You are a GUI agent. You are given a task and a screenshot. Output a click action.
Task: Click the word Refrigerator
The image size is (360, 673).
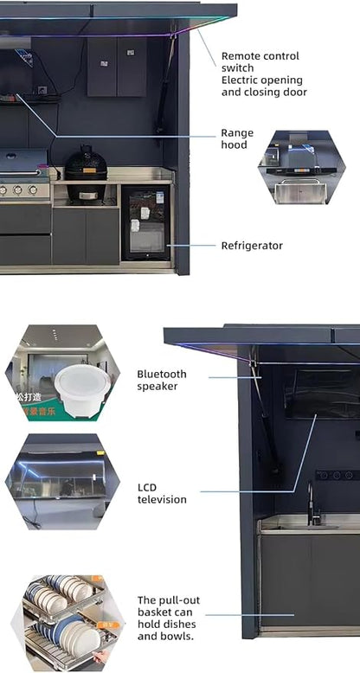[252, 246]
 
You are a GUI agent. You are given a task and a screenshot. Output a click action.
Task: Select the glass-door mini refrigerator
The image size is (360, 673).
[146, 223]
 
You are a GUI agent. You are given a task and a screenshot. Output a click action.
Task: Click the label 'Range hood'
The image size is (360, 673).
[237, 138]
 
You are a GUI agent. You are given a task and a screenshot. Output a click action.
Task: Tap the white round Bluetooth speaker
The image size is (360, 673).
[82, 390]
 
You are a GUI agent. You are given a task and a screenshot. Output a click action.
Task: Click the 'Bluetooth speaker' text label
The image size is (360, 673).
[162, 380]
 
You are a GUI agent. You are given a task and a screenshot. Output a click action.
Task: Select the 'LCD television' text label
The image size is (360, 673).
[162, 493]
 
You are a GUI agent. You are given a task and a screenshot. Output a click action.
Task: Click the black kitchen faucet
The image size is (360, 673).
[312, 503]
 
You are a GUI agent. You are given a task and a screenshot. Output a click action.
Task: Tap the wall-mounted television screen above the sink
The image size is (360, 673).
[322, 394]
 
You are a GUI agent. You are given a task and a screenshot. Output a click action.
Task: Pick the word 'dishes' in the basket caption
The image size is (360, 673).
[180, 624]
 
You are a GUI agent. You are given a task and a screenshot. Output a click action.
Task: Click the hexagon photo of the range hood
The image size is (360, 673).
[301, 167]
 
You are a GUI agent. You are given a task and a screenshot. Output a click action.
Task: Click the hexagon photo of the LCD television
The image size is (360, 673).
[62, 481]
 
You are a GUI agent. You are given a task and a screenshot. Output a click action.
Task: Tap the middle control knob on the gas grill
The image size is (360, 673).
[17, 189]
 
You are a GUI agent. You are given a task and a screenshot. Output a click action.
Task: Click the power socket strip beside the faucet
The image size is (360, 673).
[338, 476]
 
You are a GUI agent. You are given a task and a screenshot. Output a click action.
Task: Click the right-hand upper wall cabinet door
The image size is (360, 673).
[132, 67]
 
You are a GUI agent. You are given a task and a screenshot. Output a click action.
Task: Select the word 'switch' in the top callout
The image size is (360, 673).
[238, 67]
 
